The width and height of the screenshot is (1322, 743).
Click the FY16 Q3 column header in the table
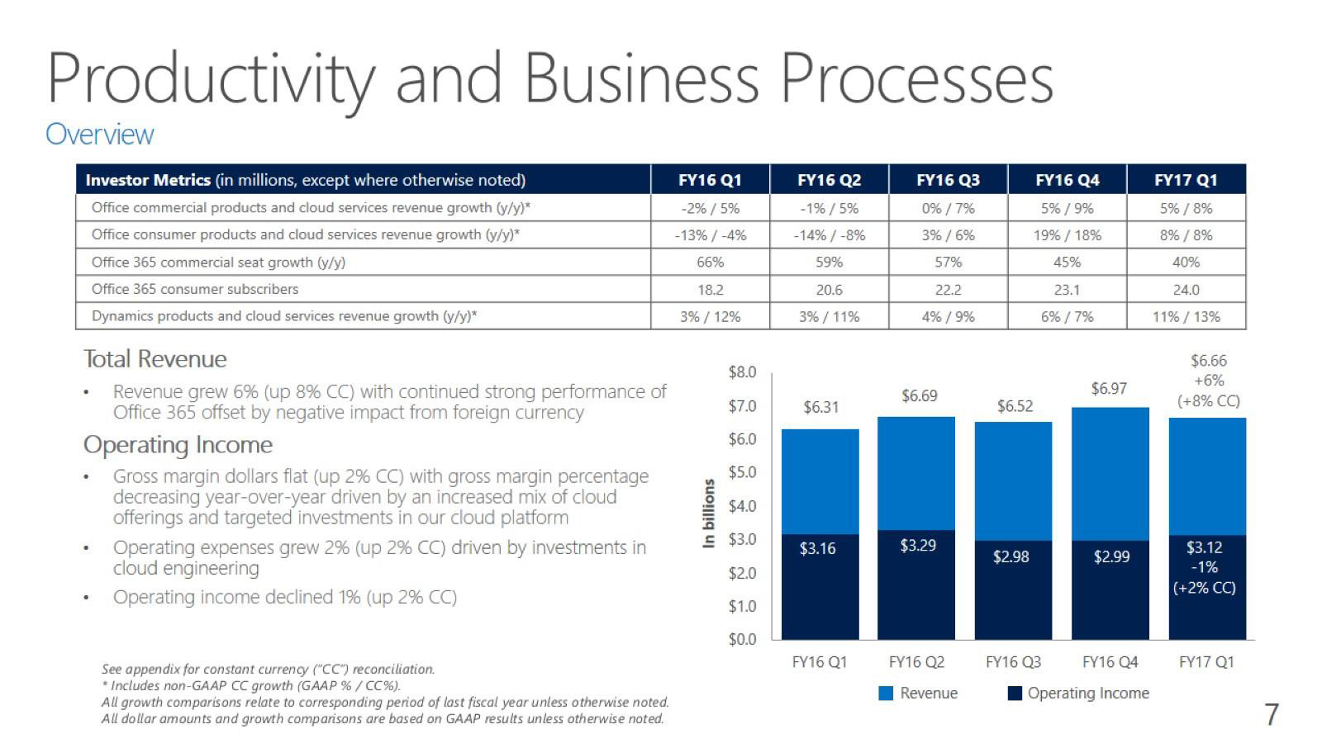coord(948,180)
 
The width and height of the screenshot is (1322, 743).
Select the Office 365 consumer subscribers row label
coord(195,289)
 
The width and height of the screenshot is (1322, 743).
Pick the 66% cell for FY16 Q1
coord(710,262)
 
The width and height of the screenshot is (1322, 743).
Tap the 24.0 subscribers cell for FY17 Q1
coord(1186,290)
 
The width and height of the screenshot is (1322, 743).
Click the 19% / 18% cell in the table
coord(1067,235)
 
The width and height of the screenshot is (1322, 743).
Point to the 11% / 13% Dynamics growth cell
coord(1186,316)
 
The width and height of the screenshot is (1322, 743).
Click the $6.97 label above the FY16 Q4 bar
coord(1109,389)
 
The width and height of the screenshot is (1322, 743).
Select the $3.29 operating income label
coord(918,546)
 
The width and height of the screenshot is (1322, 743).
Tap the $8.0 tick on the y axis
coord(742,372)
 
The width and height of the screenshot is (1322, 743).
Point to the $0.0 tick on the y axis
coord(742,640)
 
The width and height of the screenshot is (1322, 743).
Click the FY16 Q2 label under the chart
coord(916,662)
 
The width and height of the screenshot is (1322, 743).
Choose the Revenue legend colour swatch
coord(887,693)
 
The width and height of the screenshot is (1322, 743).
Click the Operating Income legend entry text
coord(1088,693)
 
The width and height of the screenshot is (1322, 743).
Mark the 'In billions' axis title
coord(708,513)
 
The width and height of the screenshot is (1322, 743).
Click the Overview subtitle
coord(99,134)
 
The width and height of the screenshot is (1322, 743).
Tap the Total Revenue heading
coord(155,359)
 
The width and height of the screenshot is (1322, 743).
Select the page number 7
coord(1272,714)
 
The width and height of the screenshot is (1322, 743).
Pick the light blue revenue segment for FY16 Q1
coord(820,483)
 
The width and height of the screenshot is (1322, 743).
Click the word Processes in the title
coord(916,78)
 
